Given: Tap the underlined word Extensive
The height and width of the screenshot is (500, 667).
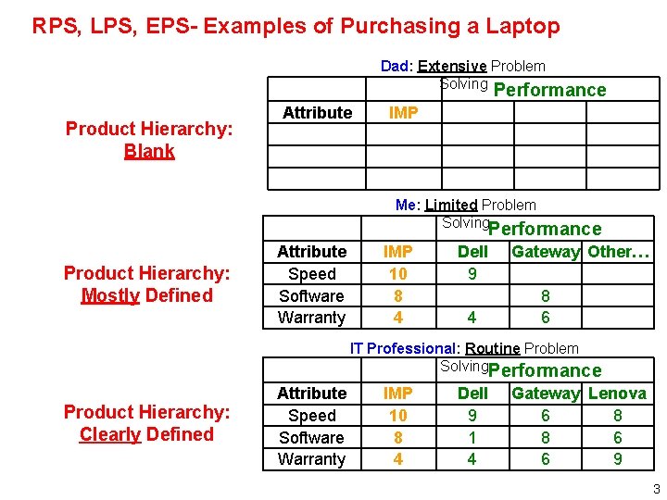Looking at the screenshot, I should pos(452,67).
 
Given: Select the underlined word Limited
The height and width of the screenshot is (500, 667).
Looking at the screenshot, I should pos(451,205).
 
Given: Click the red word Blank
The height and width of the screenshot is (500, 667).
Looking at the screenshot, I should pos(149,151).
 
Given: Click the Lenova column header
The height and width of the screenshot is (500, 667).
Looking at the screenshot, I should pos(617,394).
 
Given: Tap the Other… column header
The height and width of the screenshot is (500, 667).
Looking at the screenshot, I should pos(619,251).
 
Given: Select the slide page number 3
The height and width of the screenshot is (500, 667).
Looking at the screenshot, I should pos(656,488).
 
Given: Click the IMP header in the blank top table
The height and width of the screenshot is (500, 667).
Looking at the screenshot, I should pos(403,113).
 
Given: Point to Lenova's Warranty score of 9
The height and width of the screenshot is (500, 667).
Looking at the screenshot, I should pos(617,459).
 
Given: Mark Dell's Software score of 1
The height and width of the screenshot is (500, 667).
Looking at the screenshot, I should pos(472,437).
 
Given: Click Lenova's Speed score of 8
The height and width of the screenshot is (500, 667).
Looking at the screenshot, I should pos(617,416).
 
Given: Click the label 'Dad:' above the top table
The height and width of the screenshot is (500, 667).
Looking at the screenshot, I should pos(396,67).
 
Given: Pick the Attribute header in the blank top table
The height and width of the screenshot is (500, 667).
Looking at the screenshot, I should pos(317,113).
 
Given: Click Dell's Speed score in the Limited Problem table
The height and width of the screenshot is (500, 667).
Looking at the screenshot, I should pos(472,273).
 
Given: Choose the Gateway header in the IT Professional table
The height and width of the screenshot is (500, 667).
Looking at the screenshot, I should pos(546,394).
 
